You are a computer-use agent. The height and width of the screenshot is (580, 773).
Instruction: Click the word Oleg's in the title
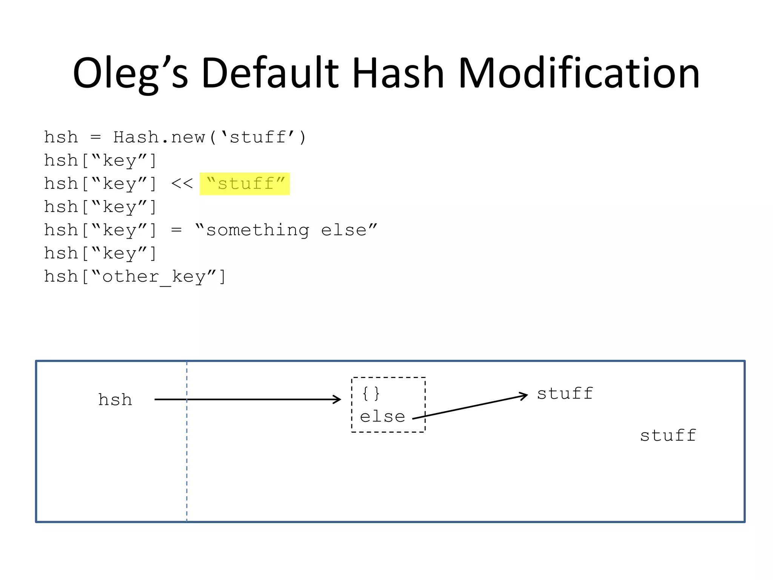(130, 73)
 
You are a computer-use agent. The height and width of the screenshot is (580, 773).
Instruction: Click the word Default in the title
(270, 73)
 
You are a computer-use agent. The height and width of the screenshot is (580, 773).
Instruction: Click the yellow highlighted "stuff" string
(245, 184)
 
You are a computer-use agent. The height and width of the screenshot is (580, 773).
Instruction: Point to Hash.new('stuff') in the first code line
(210, 137)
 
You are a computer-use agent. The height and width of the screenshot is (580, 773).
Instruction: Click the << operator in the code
(182, 184)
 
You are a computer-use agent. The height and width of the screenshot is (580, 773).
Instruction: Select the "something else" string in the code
(286, 230)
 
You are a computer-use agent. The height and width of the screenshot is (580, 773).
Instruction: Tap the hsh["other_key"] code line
(135, 277)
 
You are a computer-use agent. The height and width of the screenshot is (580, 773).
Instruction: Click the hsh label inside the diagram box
(115, 400)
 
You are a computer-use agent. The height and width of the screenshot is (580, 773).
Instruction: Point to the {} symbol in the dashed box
(371, 393)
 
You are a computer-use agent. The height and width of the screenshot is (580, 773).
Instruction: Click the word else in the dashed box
(382, 417)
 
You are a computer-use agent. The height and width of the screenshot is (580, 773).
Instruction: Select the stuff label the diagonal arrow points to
(565, 394)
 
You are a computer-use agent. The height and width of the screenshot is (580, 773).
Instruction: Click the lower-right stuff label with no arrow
(668, 436)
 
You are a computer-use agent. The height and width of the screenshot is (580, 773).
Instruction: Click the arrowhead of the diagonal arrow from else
(524, 396)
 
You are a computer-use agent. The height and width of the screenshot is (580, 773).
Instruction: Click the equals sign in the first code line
(95, 137)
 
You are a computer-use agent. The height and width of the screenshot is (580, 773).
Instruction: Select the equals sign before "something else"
(176, 230)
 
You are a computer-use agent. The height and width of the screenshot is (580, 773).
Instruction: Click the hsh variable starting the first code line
(61, 137)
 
